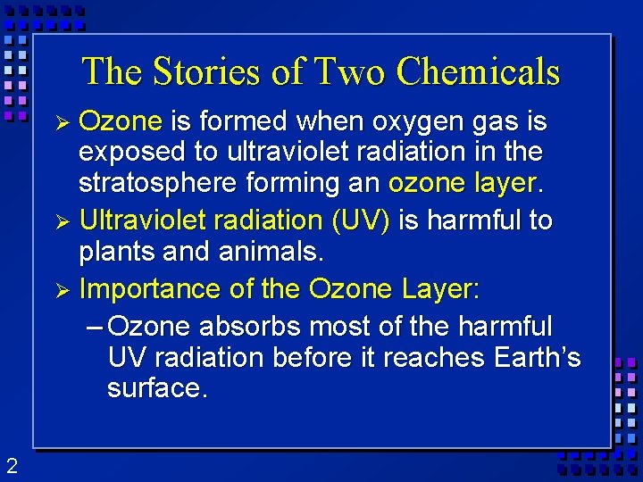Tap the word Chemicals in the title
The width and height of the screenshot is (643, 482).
click(478, 71)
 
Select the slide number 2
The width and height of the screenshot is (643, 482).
click(11, 464)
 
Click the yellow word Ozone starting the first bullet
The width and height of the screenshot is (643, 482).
click(121, 120)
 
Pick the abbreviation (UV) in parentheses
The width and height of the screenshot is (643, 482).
click(359, 220)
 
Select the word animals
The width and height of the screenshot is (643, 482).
click(268, 253)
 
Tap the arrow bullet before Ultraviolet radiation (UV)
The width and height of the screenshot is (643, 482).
click(63, 220)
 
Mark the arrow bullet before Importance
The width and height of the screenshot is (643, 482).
click(63, 290)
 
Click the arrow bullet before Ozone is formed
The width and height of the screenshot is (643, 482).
click(63, 121)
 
